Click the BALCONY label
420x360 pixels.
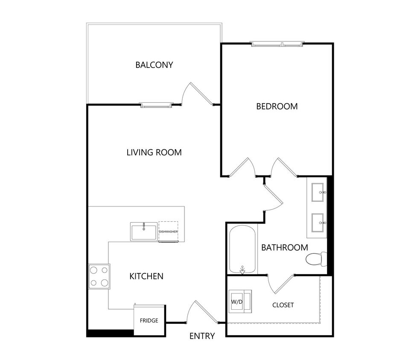click(x=154, y=65)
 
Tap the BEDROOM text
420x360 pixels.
click(x=277, y=106)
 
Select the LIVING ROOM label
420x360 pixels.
click(x=154, y=152)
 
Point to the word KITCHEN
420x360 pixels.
click(x=146, y=276)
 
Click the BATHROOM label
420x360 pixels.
click(x=284, y=247)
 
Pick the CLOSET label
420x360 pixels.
click(x=283, y=305)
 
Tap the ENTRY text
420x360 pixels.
click(x=202, y=336)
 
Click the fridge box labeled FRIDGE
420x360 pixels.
click(x=149, y=320)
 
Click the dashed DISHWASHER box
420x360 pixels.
click(x=168, y=232)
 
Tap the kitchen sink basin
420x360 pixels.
click(x=144, y=232)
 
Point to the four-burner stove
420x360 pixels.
click(x=99, y=276)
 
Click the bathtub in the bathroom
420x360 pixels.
click(x=243, y=250)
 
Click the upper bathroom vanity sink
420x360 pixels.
click(x=318, y=192)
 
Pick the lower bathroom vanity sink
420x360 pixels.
click(x=318, y=222)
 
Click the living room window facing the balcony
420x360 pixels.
click(x=157, y=105)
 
